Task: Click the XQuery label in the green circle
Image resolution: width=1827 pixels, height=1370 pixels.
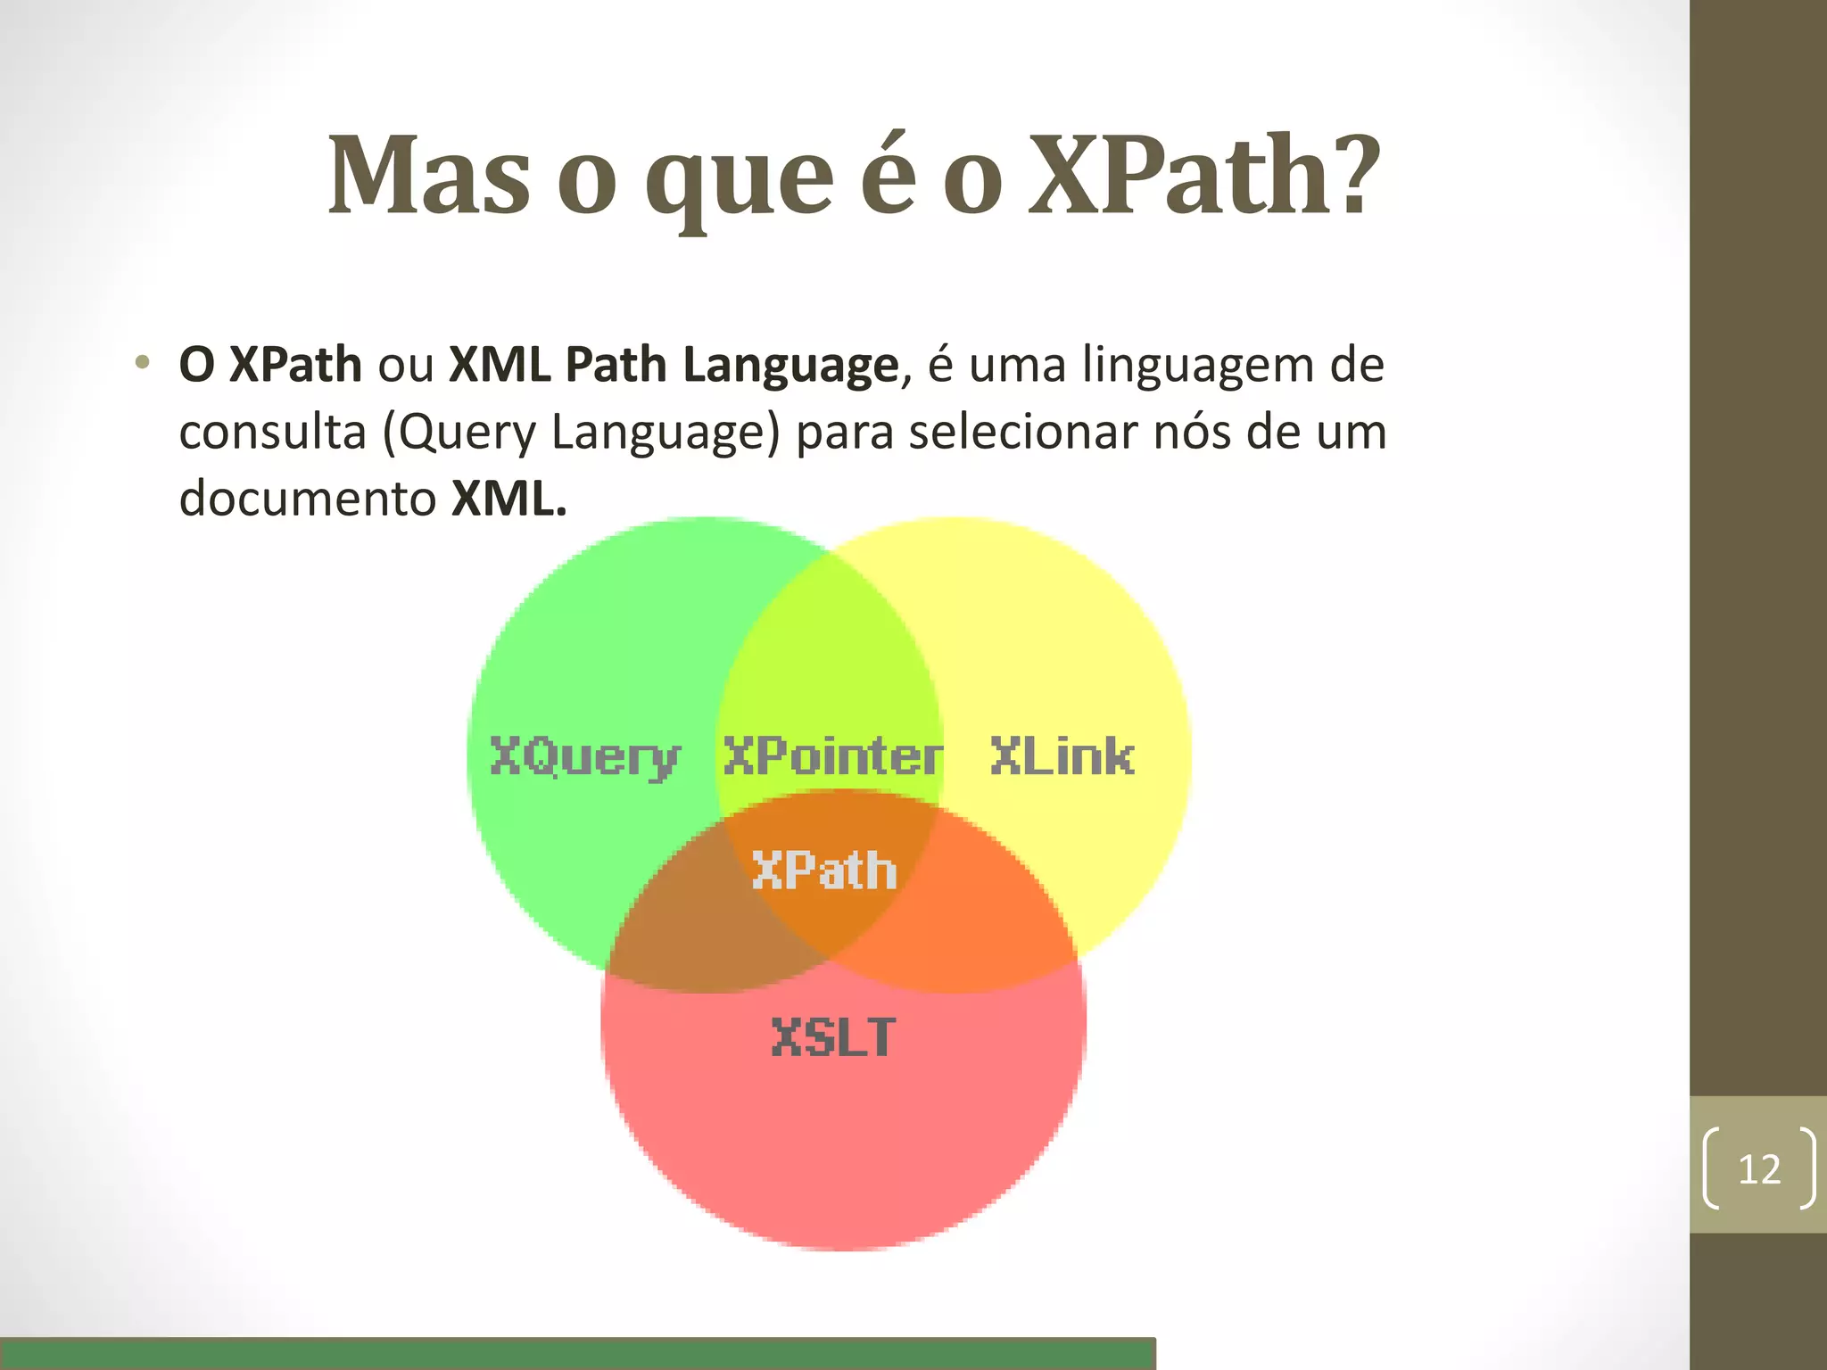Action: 585,758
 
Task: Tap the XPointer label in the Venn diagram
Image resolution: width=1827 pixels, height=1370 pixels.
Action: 831,756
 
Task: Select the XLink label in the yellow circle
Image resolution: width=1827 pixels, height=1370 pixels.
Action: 1062,756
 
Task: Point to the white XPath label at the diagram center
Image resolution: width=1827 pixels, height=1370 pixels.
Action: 824,871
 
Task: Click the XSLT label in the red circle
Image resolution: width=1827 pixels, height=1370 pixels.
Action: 833,1038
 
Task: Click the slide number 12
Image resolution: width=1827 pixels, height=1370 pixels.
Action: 1759,1169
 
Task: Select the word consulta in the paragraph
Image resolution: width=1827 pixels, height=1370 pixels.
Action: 273,433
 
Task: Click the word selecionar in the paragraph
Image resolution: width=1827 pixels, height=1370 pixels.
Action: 1022,433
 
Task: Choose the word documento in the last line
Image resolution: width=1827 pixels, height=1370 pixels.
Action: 307,499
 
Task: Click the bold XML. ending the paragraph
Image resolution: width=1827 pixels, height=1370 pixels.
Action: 508,499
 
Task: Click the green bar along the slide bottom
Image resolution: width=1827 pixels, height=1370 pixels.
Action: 578,1353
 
